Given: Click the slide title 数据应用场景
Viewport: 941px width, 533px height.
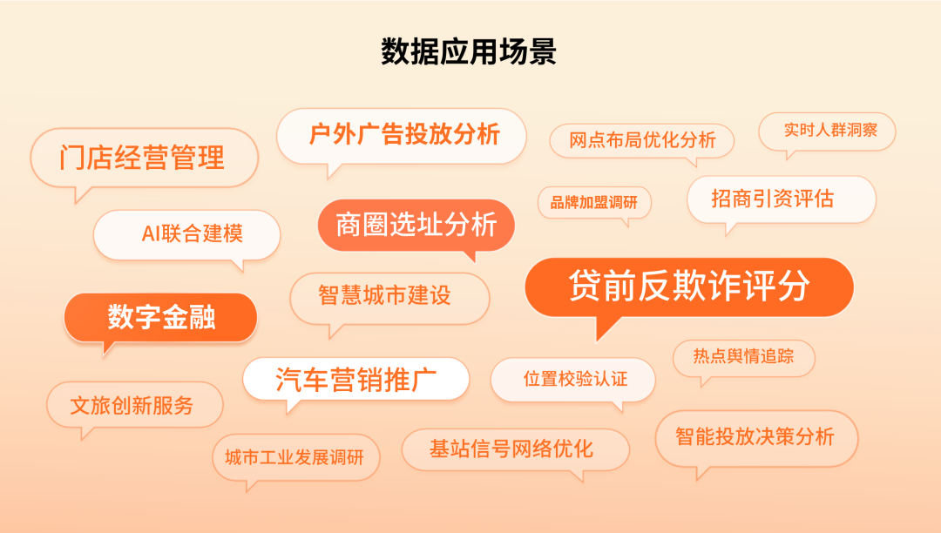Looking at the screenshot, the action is (469, 51).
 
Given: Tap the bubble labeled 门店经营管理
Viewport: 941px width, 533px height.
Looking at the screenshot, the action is (144, 159).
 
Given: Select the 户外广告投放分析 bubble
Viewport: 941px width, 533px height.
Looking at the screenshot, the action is (402, 136).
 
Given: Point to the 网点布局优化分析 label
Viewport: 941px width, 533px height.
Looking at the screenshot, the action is (642, 140).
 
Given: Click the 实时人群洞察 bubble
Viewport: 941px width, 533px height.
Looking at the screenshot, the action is (827, 131).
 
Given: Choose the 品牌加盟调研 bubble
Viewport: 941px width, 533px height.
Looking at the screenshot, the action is (594, 203).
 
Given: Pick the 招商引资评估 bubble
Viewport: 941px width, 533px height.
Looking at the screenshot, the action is (782, 199).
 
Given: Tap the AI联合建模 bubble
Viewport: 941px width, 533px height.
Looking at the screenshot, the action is (186, 234).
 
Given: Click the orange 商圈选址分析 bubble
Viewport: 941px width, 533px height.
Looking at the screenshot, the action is (416, 225).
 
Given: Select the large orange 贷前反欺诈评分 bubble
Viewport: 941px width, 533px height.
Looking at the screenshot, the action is (689, 287).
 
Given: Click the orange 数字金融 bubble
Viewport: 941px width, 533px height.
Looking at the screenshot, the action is (160, 317).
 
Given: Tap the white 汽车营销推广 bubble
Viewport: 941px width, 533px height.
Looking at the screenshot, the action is (355, 379).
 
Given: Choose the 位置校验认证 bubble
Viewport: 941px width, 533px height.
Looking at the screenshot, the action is (573, 380).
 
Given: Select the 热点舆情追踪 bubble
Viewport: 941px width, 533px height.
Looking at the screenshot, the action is (743, 357).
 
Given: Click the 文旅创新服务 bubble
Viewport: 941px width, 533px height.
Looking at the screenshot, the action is (134, 405).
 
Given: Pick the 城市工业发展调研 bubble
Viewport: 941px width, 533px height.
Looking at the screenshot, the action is (296, 457).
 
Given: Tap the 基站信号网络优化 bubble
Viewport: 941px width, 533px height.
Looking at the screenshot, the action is (516, 449).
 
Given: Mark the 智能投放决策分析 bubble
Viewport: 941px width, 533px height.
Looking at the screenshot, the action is (757, 438).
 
